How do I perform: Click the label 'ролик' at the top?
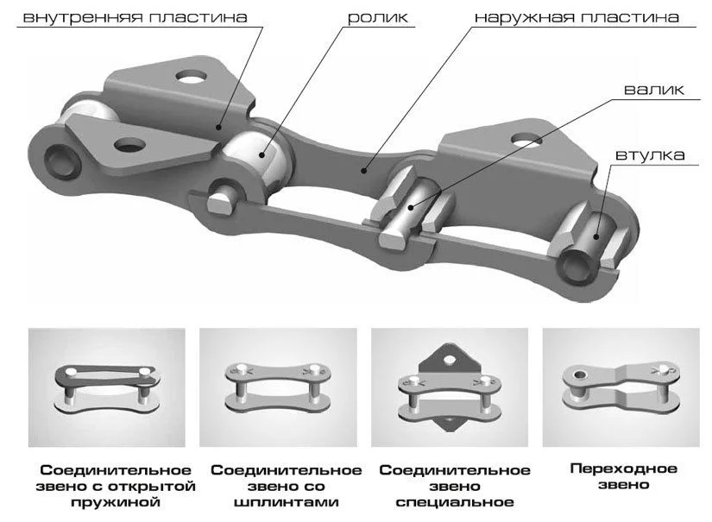378,17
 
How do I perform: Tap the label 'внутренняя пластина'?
135,17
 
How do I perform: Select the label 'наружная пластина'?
577,17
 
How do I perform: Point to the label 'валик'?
654,89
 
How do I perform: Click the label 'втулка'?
650,154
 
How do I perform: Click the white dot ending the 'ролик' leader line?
262,154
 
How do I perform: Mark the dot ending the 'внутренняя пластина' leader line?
218,127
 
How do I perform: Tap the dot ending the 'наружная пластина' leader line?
363,170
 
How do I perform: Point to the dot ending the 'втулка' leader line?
595,236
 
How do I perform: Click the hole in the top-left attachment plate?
192,77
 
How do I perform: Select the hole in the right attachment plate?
526,139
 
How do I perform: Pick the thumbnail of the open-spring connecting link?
107,387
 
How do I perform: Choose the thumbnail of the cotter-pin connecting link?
279,387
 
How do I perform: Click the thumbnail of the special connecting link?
450,387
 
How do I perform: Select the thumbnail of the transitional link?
621,387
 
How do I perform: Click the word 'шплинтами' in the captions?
286,502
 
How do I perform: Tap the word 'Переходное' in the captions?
623,469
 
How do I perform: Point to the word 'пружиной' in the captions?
116,502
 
